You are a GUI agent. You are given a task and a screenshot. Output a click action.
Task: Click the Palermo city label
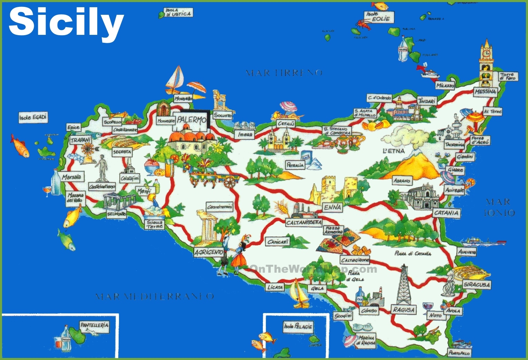(192, 120)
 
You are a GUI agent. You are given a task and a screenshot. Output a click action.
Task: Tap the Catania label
(446, 213)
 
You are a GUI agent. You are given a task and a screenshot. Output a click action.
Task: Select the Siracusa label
(477, 285)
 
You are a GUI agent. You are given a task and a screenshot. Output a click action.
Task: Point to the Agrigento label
(209, 252)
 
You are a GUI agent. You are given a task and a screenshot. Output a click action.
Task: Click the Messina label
(485, 92)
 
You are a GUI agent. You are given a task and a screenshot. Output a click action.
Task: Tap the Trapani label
(80, 140)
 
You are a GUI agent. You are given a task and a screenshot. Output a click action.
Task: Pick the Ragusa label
(404, 310)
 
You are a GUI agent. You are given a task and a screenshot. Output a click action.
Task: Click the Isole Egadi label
(33, 117)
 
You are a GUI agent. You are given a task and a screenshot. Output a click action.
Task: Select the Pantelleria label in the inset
(94, 325)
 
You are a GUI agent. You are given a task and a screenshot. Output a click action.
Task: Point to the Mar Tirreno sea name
(284, 73)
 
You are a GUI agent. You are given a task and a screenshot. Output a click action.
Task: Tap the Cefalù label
(286, 124)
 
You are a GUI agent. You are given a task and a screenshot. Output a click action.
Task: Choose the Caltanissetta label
(303, 223)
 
